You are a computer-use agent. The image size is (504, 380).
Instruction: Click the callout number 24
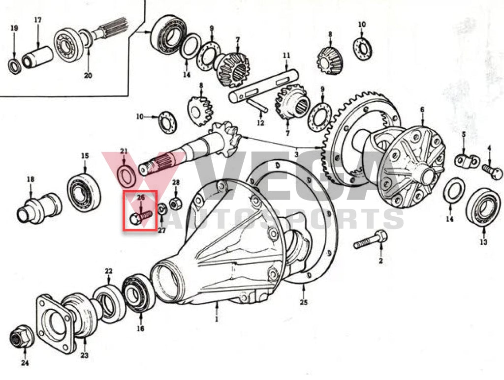[x=25, y=363]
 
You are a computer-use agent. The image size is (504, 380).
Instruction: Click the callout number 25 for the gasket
[x=303, y=302]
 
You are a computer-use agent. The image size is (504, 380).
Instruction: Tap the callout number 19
[x=14, y=28]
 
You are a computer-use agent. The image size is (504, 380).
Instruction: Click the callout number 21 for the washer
[x=124, y=151]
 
